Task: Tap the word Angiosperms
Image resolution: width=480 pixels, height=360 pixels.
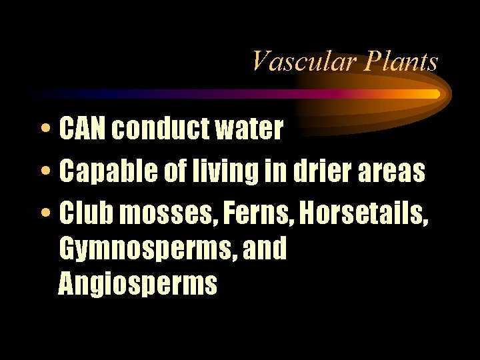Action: point(138,283)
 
